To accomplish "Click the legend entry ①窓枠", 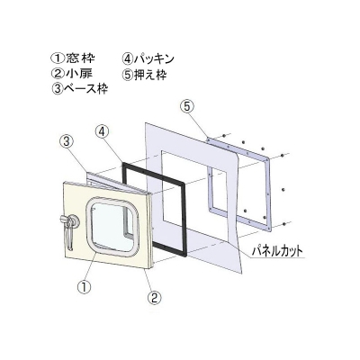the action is [x=73, y=58].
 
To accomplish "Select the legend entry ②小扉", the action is [x=72, y=74].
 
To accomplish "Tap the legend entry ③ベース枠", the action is [x=80, y=89].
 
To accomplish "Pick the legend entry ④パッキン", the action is [x=148, y=58].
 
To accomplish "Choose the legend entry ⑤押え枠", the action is [x=144, y=74].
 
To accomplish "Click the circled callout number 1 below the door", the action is [x=85, y=287].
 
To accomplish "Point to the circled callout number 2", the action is [x=154, y=297].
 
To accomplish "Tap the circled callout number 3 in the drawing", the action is [x=67, y=141].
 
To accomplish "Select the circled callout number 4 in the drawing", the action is [x=103, y=132].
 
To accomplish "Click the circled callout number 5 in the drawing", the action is [x=187, y=107].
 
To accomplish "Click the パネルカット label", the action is [x=277, y=251].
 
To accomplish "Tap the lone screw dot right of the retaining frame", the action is [x=283, y=189].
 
